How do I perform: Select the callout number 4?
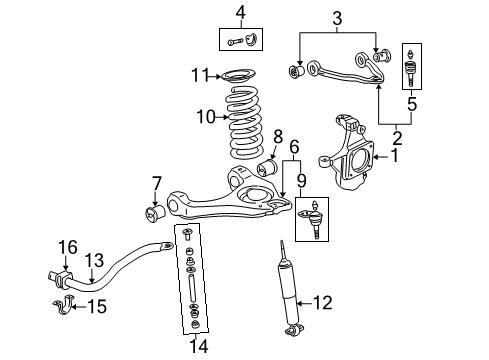point(240,12)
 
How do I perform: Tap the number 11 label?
point(202,75)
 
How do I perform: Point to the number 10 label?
point(205,117)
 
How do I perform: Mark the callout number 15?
point(98,306)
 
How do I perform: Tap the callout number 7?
point(155,183)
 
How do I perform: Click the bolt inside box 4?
point(233,40)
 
